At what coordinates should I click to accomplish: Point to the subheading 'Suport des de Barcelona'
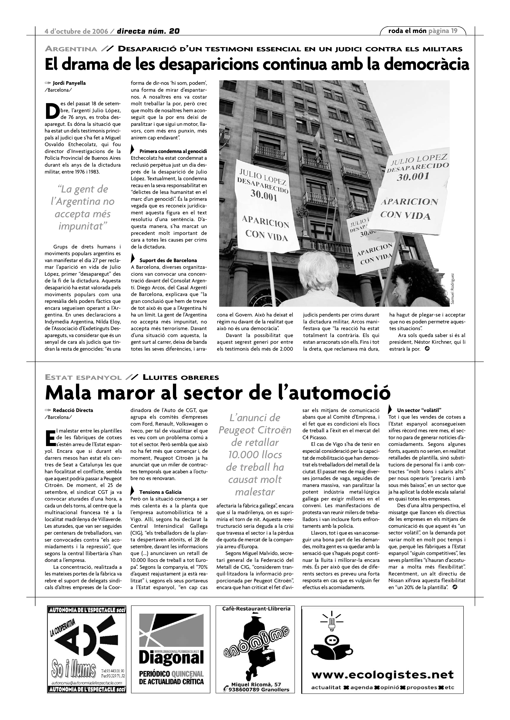[x=168, y=260]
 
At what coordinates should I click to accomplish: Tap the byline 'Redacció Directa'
[x=73, y=410]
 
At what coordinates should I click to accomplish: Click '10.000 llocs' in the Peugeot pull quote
[x=255, y=455]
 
